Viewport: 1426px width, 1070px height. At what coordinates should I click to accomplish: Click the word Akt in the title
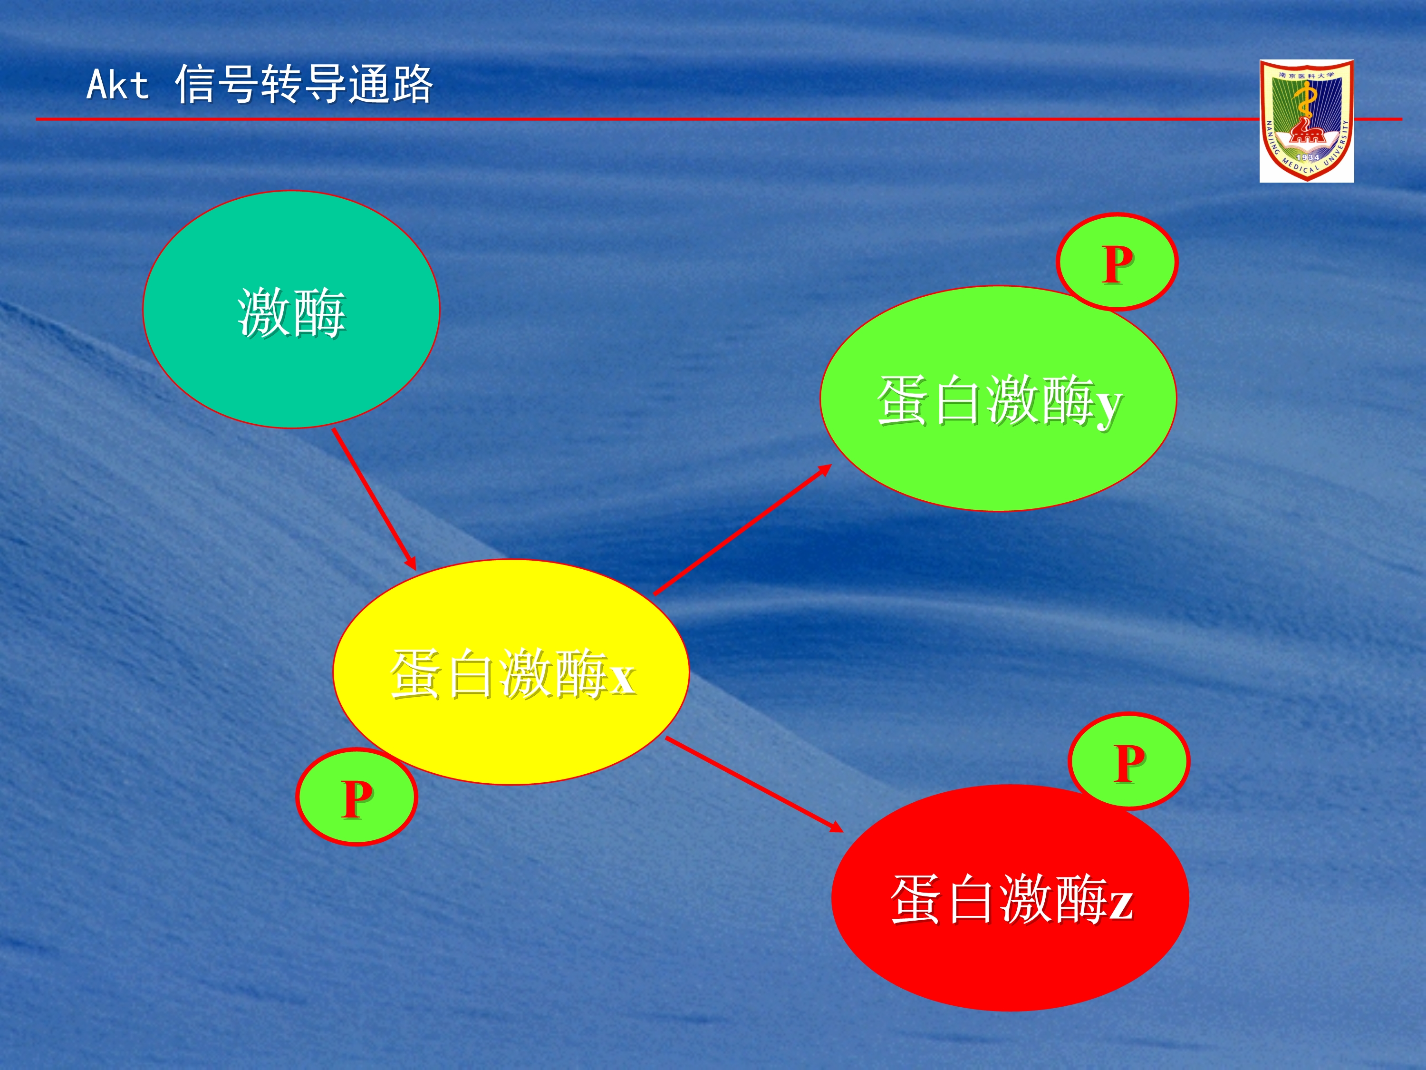118,85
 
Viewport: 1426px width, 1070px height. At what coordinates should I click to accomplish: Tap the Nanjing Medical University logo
1307,121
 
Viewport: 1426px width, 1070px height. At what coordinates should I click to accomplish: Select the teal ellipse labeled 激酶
291,310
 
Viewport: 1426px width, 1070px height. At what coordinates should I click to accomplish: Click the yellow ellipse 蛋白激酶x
511,672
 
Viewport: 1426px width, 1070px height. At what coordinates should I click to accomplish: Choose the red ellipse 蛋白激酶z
1010,898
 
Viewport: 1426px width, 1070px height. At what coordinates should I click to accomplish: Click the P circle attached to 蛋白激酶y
1117,262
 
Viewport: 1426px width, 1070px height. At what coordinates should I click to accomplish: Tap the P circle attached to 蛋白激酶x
356,797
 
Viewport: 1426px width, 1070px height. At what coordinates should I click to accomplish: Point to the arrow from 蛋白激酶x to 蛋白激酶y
742,529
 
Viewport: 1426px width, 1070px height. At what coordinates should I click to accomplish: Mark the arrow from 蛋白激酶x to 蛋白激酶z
754,785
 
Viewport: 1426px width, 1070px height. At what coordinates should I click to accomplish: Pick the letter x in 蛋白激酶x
622,679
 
